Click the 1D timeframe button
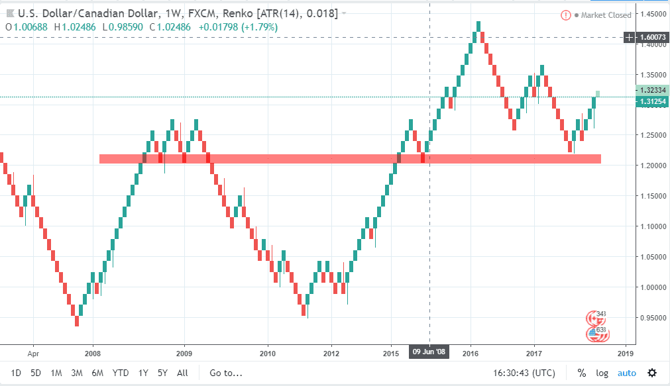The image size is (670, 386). point(16,373)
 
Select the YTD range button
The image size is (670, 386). point(121,373)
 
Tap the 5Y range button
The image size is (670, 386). point(162,373)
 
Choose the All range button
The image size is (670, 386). point(183,373)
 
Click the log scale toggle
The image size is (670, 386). point(602,373)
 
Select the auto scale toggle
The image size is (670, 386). point(627,373)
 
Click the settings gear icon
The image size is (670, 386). point(652,373)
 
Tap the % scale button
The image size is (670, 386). point(581,373)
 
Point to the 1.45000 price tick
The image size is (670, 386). point(652,14)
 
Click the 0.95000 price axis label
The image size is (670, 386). point(652,318)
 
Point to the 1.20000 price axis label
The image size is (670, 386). point(652,166)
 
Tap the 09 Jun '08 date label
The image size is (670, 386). point(430,352)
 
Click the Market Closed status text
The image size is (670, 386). point(606,15)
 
